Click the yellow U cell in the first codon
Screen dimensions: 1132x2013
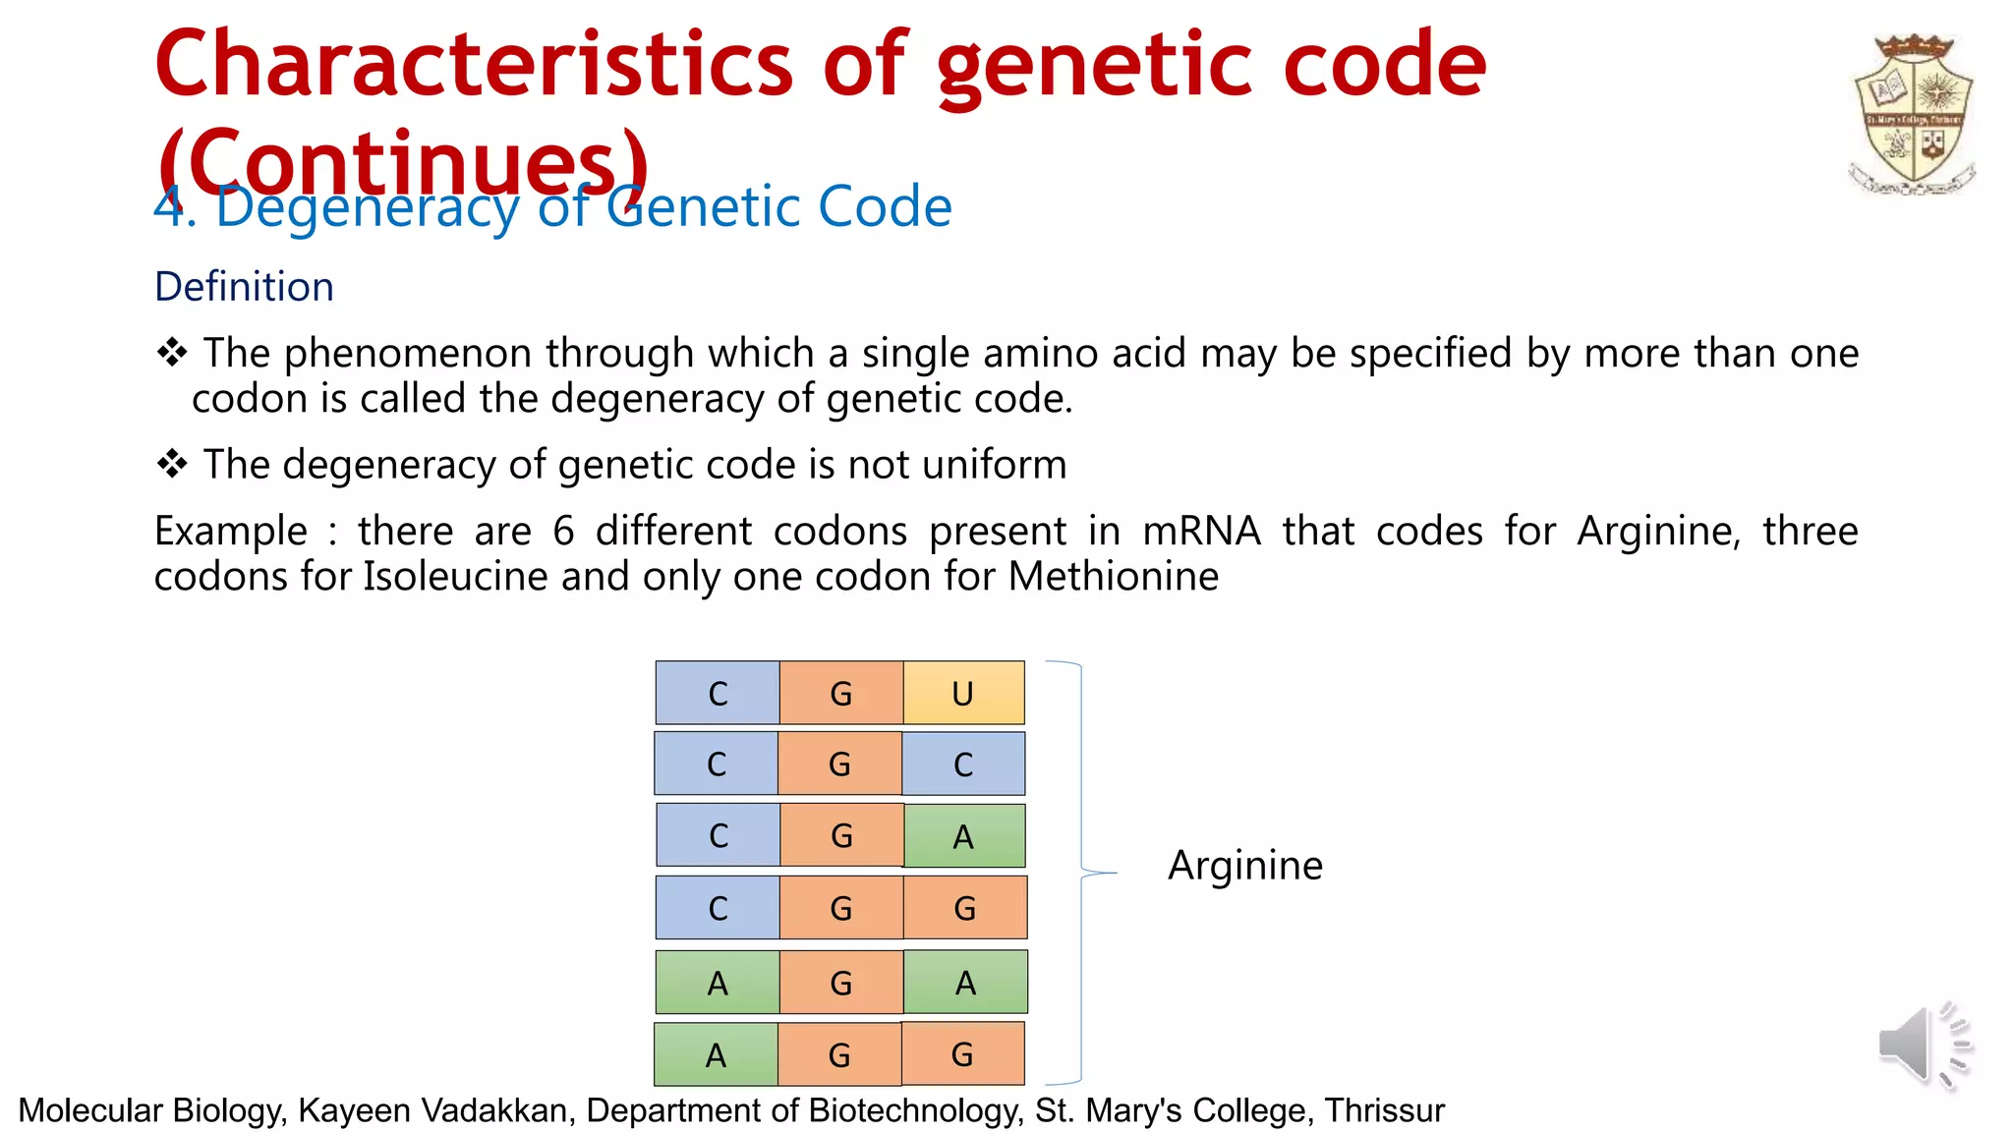point(963,694)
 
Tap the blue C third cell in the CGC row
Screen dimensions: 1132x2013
point(963,764)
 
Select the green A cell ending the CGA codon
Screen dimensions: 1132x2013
point(963,836)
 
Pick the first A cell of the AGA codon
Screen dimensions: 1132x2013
point(718,983)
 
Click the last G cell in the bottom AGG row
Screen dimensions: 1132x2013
point(962,1054)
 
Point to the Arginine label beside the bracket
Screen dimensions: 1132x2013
point(1244,866)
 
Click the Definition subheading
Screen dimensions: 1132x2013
point(245,287)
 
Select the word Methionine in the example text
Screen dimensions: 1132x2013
point(1114,576)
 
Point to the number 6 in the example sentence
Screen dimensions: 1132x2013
point(563,532)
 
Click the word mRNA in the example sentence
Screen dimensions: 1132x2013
point(1201,532)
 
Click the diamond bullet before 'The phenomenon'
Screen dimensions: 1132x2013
point(172,353)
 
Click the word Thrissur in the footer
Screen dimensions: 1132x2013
point(1384,1110)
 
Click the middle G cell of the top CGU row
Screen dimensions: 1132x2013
point(841,694)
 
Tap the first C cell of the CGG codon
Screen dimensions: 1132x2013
point(718,908)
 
